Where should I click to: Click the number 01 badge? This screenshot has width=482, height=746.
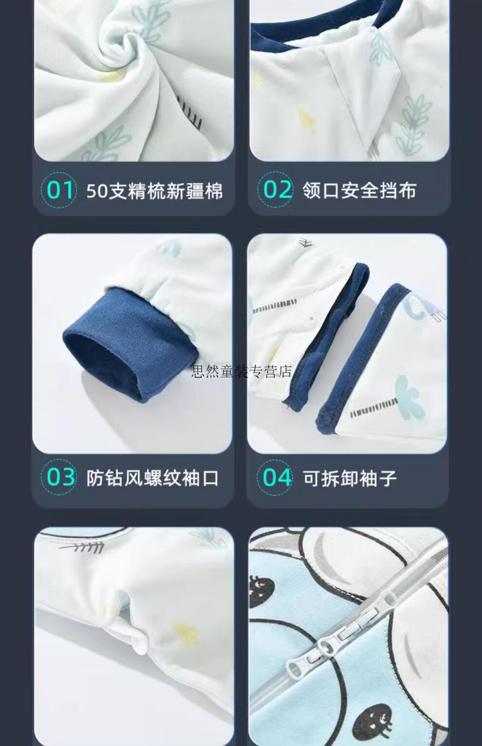pyautogui.click(x=59, y=190)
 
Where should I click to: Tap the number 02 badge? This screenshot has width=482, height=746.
pyautogui.click(x=275, y=190)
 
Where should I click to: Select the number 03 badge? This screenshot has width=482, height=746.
pyautogui.click(x=59, y=477)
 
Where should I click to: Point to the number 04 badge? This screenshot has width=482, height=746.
pyautogui.click(x=275, y=477)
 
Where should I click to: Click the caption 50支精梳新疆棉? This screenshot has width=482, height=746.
pyautogui.click(x=154, y=191)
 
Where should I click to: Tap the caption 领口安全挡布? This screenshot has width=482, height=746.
pyautogui.click(x=359, y=191)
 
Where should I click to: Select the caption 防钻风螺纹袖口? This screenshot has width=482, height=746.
pyautogui.click(x=152, y=478)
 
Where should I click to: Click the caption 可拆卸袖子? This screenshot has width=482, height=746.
pyautogui.click(x=350, y=478)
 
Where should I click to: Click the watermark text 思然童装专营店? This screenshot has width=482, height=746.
pyautogui.click(x=241, y=371)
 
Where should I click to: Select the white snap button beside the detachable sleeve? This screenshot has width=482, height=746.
pyautogui.click(x=311, y=318)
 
